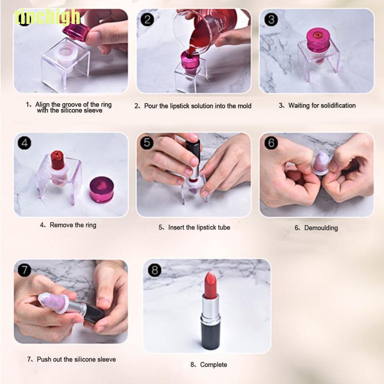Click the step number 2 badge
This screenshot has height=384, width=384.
pos(147,20)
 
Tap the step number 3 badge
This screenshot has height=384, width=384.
pos(271,20)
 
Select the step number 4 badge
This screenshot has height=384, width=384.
pos(24,143)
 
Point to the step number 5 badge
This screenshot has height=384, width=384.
pos(147,142)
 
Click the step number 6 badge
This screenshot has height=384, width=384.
pos(271,143)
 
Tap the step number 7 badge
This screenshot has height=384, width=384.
pos(24,270)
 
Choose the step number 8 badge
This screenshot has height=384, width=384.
pos(155,270)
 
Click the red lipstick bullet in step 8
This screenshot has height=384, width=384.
pos(211,285)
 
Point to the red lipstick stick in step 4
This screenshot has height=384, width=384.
pos(57,160)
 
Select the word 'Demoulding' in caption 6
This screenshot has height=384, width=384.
pos(321,228)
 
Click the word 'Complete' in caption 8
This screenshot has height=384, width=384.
pos(214,365)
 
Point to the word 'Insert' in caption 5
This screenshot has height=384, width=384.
pos(176,227)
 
